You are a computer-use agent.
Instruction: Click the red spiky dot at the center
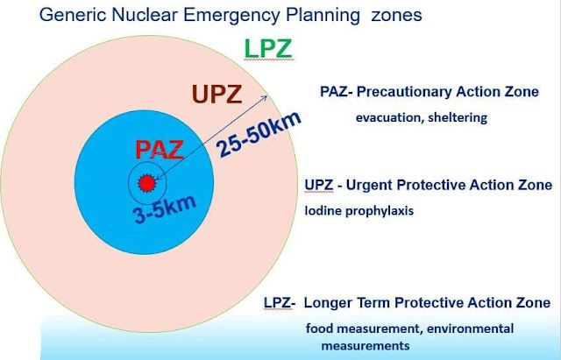(147, 183)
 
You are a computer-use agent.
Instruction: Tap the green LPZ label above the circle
(268, 49)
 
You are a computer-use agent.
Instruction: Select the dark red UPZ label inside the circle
(217, 95)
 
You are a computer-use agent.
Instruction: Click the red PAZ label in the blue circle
(160, 150)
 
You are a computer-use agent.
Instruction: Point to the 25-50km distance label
(259, 134)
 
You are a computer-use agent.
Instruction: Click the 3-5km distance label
(165, 209)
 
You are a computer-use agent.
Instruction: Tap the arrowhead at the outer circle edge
(264, 98)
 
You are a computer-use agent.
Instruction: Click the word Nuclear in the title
(145, 15)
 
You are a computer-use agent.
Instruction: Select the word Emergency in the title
(231, 15)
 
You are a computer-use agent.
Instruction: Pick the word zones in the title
(396, 16)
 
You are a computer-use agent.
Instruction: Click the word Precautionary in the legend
(404, 92)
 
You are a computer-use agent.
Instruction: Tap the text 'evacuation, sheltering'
(422, 117)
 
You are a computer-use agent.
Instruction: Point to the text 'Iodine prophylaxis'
(359, 210)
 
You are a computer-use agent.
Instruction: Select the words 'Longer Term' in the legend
(347, 303)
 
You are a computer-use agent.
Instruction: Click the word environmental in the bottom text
(470, 328)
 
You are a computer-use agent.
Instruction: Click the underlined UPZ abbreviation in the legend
(319, 185)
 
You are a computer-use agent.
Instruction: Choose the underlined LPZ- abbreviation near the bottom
(280, 303)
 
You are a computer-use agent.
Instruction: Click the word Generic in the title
(73, 15)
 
